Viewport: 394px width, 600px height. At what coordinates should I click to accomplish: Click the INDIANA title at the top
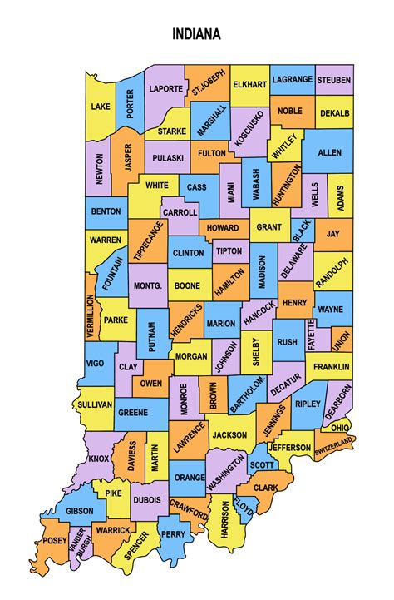pos(197,35)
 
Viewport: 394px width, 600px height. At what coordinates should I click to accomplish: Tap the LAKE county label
pos(101,107)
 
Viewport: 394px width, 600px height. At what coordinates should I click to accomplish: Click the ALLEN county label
pos(329,153)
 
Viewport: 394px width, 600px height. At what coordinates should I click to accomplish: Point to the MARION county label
pos(221,322)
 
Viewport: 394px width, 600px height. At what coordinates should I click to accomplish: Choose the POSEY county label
pos(56,541)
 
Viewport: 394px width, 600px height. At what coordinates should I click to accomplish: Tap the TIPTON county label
pos(229,250)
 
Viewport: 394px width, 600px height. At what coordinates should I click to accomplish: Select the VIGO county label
pos(96,363)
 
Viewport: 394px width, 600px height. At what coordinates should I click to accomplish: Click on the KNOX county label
pos(99,458)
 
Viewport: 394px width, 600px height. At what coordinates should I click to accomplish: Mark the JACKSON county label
pos(228,434)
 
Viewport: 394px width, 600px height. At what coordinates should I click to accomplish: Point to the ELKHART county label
pos(249,84)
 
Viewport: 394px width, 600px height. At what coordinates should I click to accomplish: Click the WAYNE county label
pos(330,309)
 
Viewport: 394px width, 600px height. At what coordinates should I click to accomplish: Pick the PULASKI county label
pos(167,156)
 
